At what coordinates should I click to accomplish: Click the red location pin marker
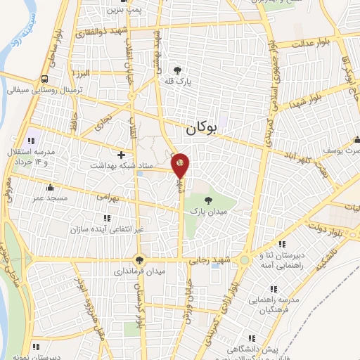click(x=180, y=165)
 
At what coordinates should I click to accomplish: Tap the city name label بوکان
click(x=202, y=129)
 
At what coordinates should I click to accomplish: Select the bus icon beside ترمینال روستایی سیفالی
click(x=45, y=79)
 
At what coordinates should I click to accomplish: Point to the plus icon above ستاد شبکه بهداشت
click(x=122, y=154)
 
